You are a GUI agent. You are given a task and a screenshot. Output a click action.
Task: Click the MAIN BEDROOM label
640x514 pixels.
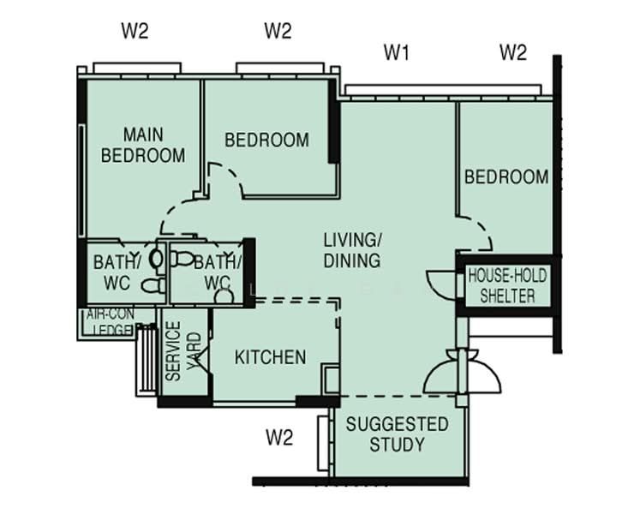tap(143, 145)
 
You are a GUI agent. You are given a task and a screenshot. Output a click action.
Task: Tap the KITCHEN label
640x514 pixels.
tap(270, 357)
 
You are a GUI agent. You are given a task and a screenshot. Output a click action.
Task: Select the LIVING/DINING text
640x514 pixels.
tap(352, 250)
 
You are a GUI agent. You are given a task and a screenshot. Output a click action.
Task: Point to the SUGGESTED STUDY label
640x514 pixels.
tap(398, 434)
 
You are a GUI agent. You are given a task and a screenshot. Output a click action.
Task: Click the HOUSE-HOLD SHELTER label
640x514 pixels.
tap(507, 285)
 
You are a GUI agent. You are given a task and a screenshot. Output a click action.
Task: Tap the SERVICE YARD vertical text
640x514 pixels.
tap(183, 351)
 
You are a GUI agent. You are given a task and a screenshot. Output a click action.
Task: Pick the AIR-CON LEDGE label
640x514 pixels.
tap(110, 322)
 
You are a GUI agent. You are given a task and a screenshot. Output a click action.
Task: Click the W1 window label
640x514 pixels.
tap(397, 52)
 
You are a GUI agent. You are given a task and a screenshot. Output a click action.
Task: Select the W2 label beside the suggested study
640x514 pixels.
tap(279, 438)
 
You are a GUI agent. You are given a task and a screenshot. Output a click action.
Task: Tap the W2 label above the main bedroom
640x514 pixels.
tap(135, 31)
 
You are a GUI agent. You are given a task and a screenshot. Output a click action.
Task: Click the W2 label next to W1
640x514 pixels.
tap(513, 52)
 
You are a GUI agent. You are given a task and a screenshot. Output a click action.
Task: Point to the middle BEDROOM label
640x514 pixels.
tap(266, 140)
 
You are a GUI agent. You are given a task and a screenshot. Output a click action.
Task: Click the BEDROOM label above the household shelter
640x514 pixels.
tap(506, 176)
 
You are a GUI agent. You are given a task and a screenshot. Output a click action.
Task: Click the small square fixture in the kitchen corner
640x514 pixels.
tap(331, 380)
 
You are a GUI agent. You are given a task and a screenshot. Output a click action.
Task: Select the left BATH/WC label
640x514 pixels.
tap(117, 272)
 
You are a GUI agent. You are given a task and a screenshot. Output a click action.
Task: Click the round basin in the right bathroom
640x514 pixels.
tap(224, 296)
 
